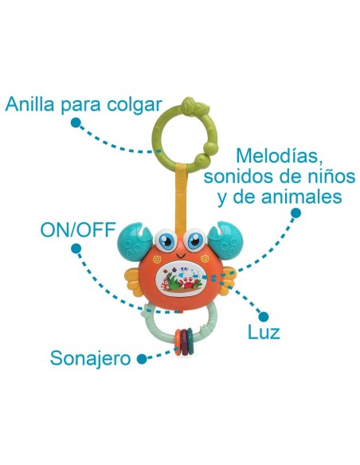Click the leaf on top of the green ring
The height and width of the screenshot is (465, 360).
[191, 105]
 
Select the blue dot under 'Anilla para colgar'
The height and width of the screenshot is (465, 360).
[75, 124]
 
